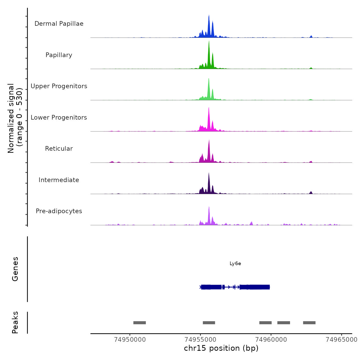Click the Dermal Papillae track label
(59, 24)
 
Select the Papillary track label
(59, 55)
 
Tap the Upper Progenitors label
(59, 86)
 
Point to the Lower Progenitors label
(59, 118)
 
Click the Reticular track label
(59, 149)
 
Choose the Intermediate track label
(59, 180)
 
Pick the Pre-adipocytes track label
(59, 211)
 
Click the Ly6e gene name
(235, 264)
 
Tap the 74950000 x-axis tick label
(130, 340)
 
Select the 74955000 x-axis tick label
(201, 340)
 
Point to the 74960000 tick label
(271, 340)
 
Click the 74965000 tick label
(341, 340)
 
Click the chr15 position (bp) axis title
(221, 348)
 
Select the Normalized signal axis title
(15, 118)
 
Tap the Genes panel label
(15, 269)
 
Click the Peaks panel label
(15, 322)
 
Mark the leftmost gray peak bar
(140, 323)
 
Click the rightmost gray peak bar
(309, 323)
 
